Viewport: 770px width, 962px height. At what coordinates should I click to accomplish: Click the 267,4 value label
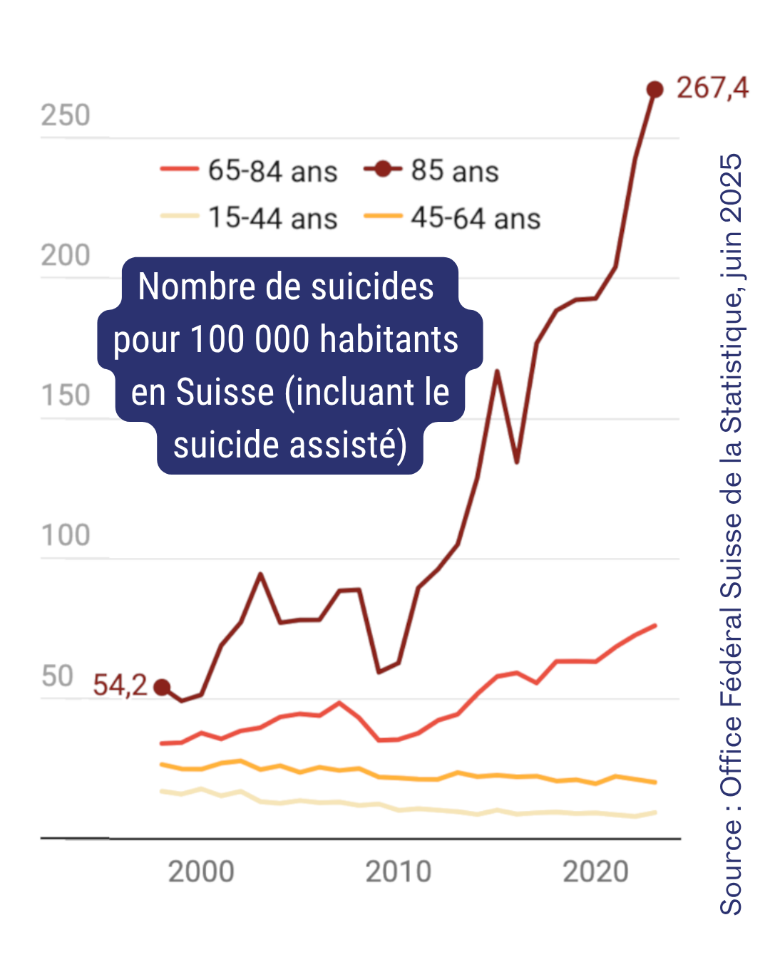pyautogui.click(x=712, y=88)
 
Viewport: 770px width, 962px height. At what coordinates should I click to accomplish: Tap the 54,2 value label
pyautogui.click(x=120, y=686)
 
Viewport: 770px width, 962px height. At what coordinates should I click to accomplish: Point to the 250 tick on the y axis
pyautogui.click(x=66, y=115)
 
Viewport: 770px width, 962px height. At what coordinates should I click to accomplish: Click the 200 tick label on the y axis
pyautogui.click(x=66, y=256)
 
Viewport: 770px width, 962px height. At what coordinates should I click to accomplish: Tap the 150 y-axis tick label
pyautogui.click(x=66, y=396)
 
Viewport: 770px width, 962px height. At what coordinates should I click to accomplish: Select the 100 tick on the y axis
pyautogui.click(x=66, y=536)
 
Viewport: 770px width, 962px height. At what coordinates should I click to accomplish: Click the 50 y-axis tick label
pyautogui.click(x=57, y=676)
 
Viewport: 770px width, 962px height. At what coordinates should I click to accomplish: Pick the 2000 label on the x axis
pyautogui.click(x=201, y=872)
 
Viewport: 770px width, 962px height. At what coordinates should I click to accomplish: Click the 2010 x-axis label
pyautogui.click(x=399, y=872)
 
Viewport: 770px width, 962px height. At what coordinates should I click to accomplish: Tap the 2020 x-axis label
pyautogui.click(x=595, y=872)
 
